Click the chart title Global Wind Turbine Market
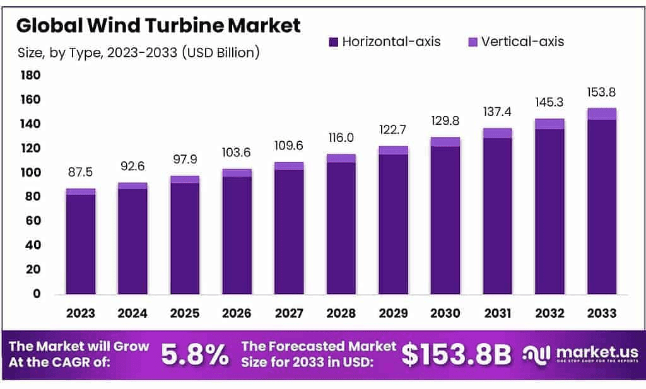tap(158, 25)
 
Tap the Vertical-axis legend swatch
tap(473, 42)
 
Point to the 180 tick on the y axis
tap(31, 76)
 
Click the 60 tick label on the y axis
tap(33, 221)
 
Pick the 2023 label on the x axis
tap(81, 313)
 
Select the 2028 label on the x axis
tap(341, 313)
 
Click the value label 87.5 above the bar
tap(81, 172)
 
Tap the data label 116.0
tap(341, 137)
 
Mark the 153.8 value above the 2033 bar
tap(601, 92)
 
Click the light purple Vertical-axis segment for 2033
tap(601, 113)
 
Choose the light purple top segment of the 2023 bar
tap(81, 191)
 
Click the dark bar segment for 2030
tap(445, 220)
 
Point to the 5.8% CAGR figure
tap(195, 355)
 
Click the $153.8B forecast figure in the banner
tap(457, 355)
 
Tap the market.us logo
tap(580, 354)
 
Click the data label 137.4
tap(497, 112)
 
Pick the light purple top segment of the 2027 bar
tap(289, 166)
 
